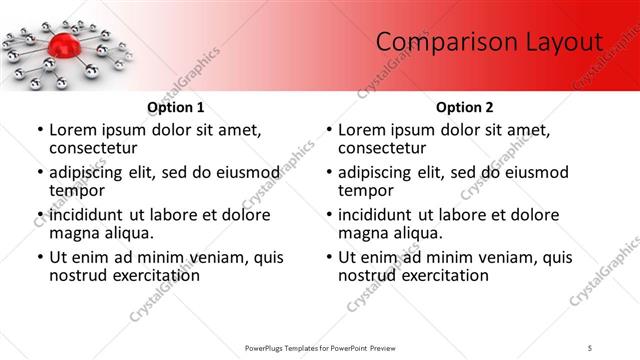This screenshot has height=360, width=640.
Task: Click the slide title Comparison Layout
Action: pos(489,42)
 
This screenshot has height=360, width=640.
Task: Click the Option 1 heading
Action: pos(176,107)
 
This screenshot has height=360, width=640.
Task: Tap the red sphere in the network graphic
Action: pos(62,45)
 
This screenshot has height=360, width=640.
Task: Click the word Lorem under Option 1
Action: pos(73,129)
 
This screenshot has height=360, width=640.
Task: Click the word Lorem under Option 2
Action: pos(362,129)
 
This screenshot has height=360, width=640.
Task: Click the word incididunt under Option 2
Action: pos(382,215)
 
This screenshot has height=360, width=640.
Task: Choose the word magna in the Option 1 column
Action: pos(75,233)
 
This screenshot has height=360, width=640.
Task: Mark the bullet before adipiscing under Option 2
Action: pos(328,172)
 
